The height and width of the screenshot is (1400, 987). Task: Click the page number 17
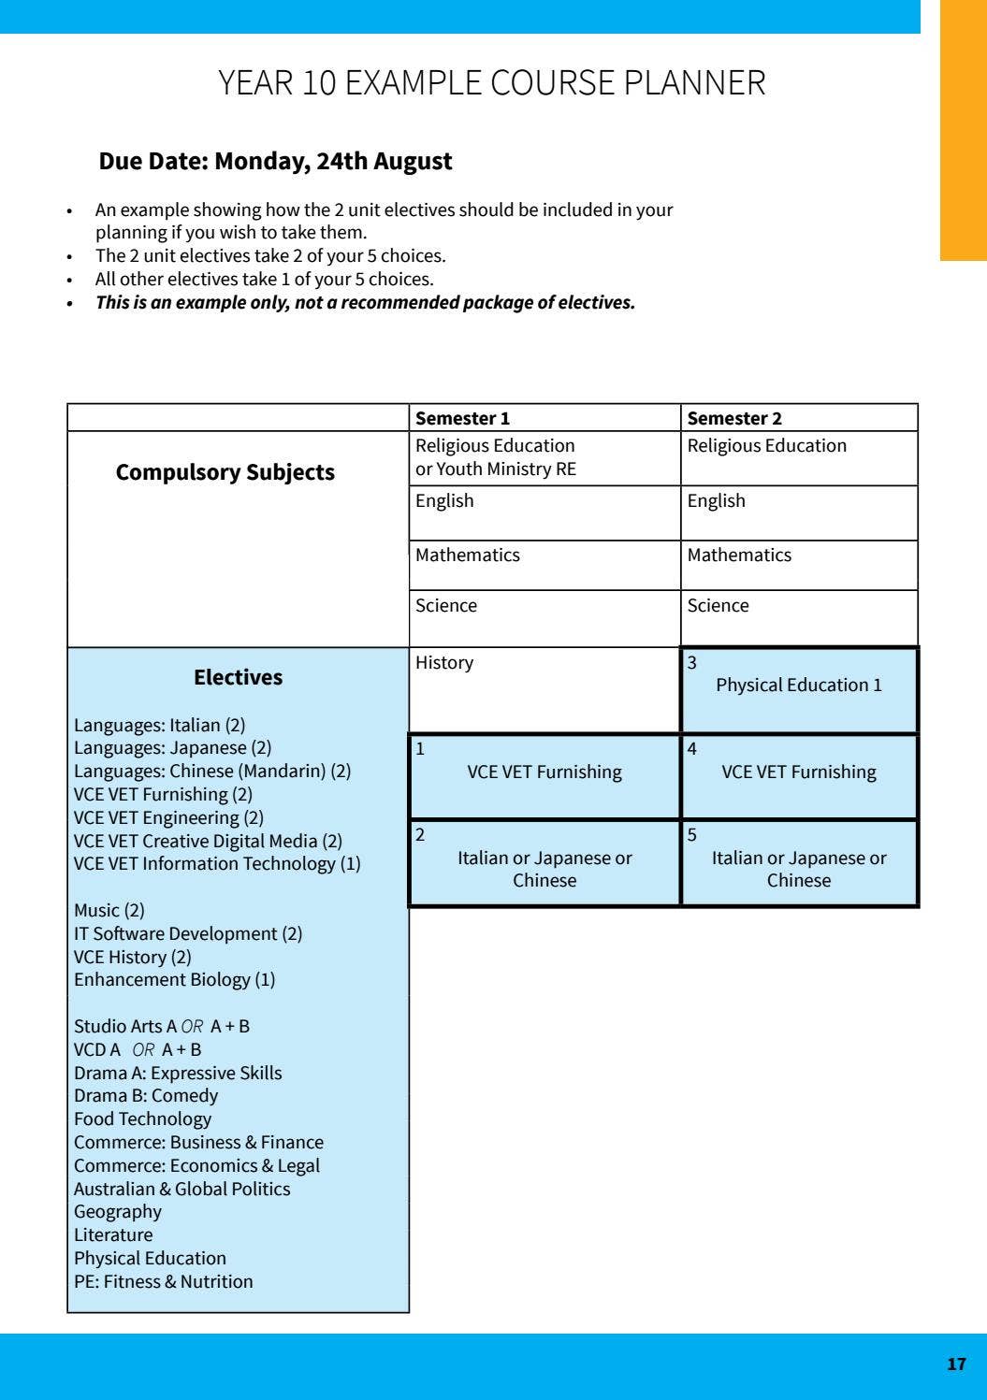pyautogui.click(x=955, y=1364)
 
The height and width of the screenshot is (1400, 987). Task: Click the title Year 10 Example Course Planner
pyautogui.click(x=492, y=83)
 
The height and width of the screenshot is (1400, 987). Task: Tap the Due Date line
pyautogui.click(x=275, y=162)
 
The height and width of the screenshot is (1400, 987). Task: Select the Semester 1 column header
pyautogui.click(x=462, y=418)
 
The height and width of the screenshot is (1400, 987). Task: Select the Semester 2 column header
pyautogui.click(x=734, y=418)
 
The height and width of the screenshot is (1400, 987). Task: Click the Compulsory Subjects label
pyautogui.click(x=225, y=472)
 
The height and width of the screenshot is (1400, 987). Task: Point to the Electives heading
pyautogui.click(x=238, y=677)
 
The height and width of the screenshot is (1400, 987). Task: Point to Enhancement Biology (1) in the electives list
pyautogui.click(x=174, y=980)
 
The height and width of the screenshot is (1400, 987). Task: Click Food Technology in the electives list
pyautogui.click(x=142, y=1119)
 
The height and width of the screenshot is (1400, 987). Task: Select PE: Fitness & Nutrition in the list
pyautogui.click(x=163, y=1282)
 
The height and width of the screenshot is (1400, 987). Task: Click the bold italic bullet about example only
pyautogui.click(x=365, y=303)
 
